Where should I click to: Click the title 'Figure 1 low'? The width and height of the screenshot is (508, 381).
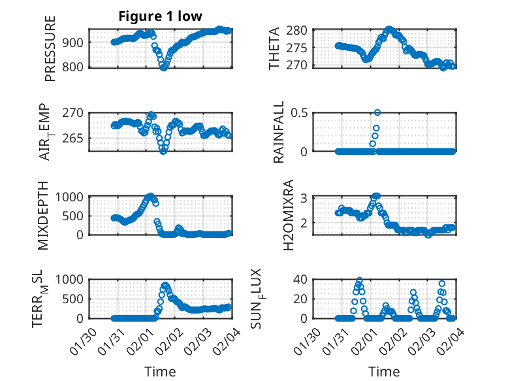160,16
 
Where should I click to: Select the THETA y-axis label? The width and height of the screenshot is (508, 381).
274,48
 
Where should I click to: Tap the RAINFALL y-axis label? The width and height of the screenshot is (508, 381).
279,132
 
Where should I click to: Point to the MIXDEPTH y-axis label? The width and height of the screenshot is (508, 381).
44,215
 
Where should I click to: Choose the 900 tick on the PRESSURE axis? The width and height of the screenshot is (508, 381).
73,42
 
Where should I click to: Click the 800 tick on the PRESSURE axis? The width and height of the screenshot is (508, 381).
73,67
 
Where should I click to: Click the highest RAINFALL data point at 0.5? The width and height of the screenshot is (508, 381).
377,112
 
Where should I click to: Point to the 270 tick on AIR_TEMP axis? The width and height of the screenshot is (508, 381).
73,112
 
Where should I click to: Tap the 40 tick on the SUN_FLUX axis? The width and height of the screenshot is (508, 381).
300,280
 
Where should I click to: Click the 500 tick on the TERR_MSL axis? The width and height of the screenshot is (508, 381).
73,299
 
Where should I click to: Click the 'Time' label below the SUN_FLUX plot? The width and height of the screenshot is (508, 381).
384,372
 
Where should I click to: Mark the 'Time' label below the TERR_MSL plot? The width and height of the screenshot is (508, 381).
160,372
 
